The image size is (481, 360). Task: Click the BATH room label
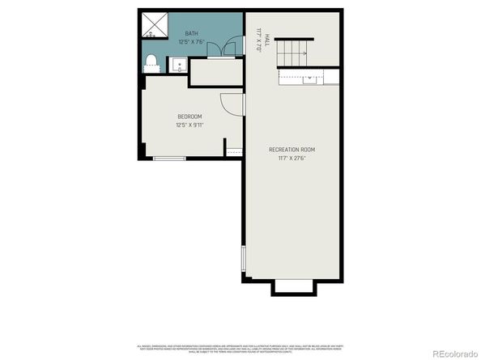click(x=192, y=34)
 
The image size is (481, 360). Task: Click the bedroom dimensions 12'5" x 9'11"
click(x=189, y=125)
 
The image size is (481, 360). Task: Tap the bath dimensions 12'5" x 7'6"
click(x=192, y=42)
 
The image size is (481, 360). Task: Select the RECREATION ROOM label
click(x=292, y=150)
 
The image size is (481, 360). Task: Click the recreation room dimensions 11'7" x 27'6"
click(x=292, y=158)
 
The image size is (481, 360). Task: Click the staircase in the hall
click(x=292, y=53)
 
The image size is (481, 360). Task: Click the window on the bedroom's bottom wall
click(x=169, y=159)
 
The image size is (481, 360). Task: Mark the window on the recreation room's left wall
click(x=242, y=260)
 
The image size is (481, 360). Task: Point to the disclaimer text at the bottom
click(x=240, y=345)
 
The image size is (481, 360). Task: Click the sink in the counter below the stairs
click(x=310, y=79)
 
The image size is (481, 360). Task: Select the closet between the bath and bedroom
click(x=215, y=72)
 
